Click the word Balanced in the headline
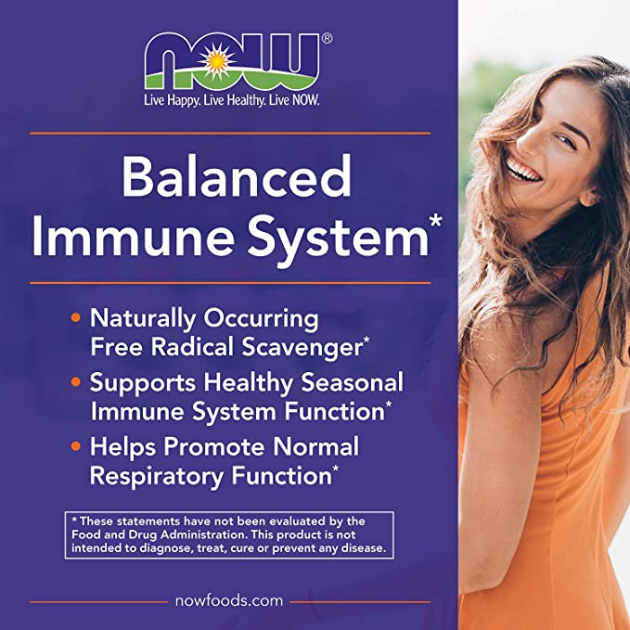point(238,176)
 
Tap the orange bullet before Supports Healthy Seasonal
point(76,383)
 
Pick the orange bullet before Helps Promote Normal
point(76,447)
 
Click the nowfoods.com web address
point(229,600)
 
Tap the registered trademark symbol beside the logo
point(327,39)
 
